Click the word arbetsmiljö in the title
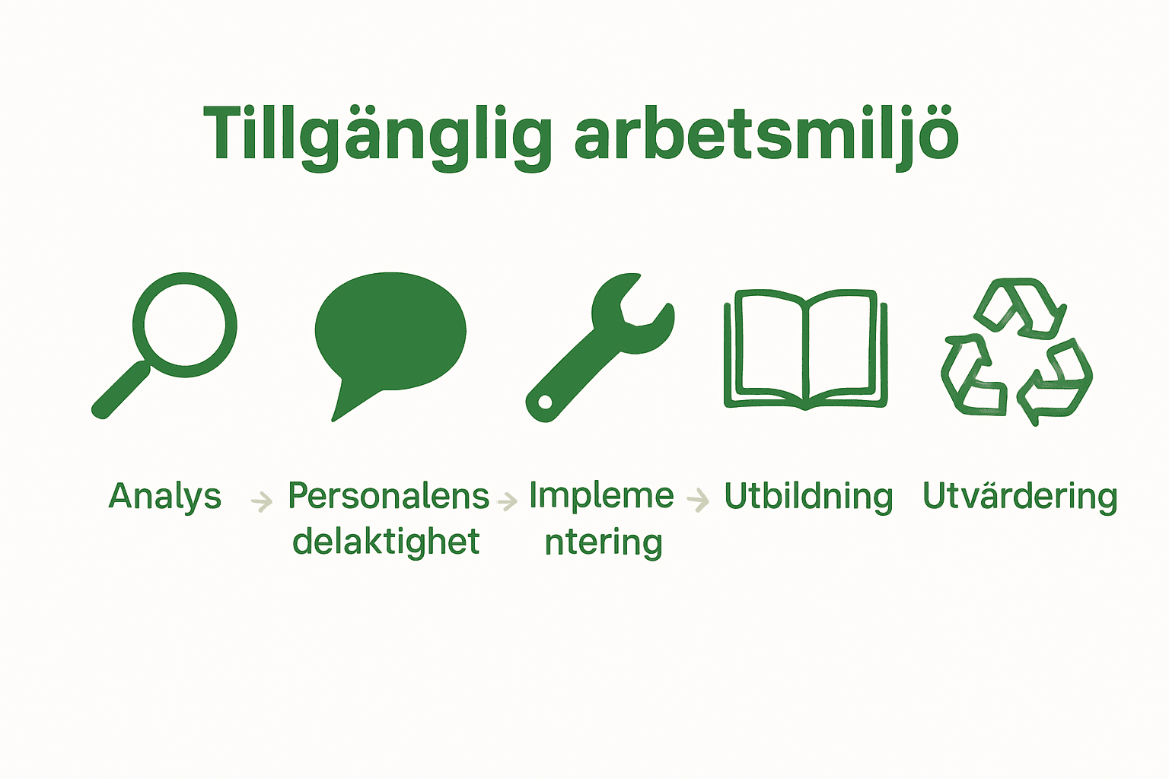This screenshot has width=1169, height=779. [x=766, y=135]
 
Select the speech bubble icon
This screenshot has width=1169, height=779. [x=390, y=332]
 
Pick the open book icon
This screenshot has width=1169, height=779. [x=805, y=348]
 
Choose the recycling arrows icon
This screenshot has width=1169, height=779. [x=1017, y=351]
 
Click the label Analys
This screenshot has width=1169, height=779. [x=164, y=497]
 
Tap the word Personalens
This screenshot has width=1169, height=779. [x=388, y=497]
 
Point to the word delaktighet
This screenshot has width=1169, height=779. [x=386, y=542]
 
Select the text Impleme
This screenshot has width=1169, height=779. [x=601, y=496]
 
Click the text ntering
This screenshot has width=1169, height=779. [x=604, y=543]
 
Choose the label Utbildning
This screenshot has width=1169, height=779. [x=808, y=497]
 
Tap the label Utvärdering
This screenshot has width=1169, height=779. [x=1020, y=497]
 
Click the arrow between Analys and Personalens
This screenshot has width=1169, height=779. [x=262, y=501]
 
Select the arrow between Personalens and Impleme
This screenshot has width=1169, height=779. [x=507, y=501]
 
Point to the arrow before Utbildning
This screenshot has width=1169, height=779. [x=698, y=500]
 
